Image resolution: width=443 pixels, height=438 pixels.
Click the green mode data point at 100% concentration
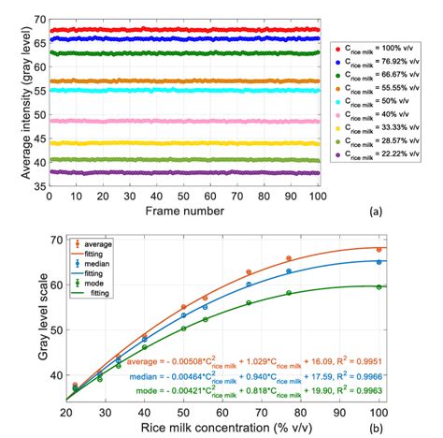(379, 286)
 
